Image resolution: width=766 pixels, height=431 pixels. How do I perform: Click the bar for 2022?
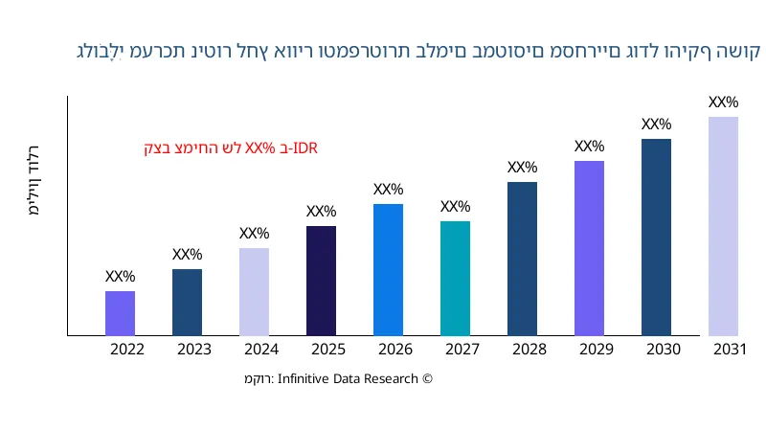click(x=120, y=313)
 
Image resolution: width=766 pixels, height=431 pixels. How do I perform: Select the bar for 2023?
click(x=187, y=303)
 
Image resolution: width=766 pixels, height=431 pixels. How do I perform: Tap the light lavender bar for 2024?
click(x=254, y=292)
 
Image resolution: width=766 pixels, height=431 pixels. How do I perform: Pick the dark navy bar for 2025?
click(x=321, y=281)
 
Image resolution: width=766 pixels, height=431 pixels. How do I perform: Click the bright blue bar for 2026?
click(x=388, y=270)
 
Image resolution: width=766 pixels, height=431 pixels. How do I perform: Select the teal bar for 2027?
click(x=455, y=279)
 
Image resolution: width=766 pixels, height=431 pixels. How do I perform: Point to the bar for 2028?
click(x=522, y=259)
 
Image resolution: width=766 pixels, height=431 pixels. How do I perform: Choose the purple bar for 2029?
click(x=589, y=248)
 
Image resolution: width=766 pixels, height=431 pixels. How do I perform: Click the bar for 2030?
click(x=656, y=238)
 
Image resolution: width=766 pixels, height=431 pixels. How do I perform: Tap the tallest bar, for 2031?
click(x=723, y=226)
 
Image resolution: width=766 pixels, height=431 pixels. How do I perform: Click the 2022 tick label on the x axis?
click(x=127, y=350)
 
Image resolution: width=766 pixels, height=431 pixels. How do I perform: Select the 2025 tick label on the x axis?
click(x=328, y=350)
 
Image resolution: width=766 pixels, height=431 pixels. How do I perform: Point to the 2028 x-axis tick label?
click(x=529, y=350)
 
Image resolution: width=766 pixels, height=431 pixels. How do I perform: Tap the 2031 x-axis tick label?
click(x=730, y=350)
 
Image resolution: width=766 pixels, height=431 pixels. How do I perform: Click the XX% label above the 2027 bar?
click(x=455, y=207)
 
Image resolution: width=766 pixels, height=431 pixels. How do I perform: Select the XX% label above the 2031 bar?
click(x=723, y=102)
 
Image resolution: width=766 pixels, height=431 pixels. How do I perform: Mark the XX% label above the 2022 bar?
click(x=120, y=277)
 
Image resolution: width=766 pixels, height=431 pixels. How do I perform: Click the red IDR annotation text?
click(x=231, y=148)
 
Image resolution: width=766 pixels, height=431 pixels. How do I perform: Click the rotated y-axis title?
click(x=34, y=182)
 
